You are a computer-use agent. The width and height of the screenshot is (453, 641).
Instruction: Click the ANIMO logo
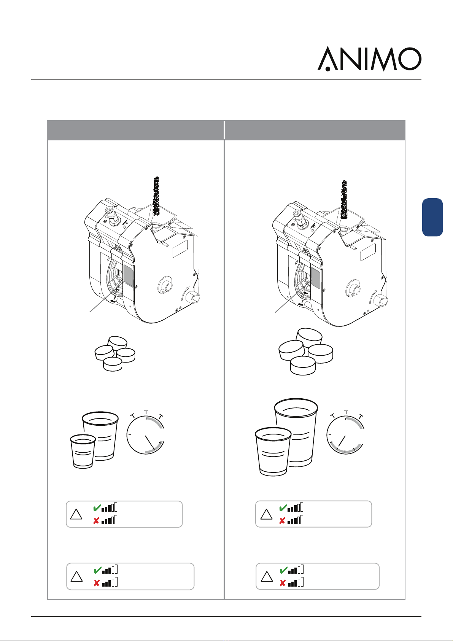tap(369, 59)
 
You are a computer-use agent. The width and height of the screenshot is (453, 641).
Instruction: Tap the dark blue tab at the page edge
tap(432, 217)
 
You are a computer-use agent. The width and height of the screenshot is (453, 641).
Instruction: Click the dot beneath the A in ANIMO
tap(328, 69)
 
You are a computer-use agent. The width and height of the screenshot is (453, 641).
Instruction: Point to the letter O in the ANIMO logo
tap(410, 59)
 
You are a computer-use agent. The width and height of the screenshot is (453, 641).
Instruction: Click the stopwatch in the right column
tap(345, 433)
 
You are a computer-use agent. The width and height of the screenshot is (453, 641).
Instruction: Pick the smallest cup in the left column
tap(83, 451)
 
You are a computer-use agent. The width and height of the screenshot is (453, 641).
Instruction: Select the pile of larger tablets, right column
tap(306, 352)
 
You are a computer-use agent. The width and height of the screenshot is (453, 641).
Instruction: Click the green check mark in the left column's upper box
tap(97, 508)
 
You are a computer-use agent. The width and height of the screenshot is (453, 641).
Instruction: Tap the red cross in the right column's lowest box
tap(283, 583)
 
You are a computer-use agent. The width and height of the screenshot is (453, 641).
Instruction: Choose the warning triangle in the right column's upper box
tap(266, 515)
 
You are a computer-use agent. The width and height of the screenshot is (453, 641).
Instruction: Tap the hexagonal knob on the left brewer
tap(193, 298)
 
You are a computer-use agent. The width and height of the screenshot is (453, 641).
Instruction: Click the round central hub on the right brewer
tap(354, 288)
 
